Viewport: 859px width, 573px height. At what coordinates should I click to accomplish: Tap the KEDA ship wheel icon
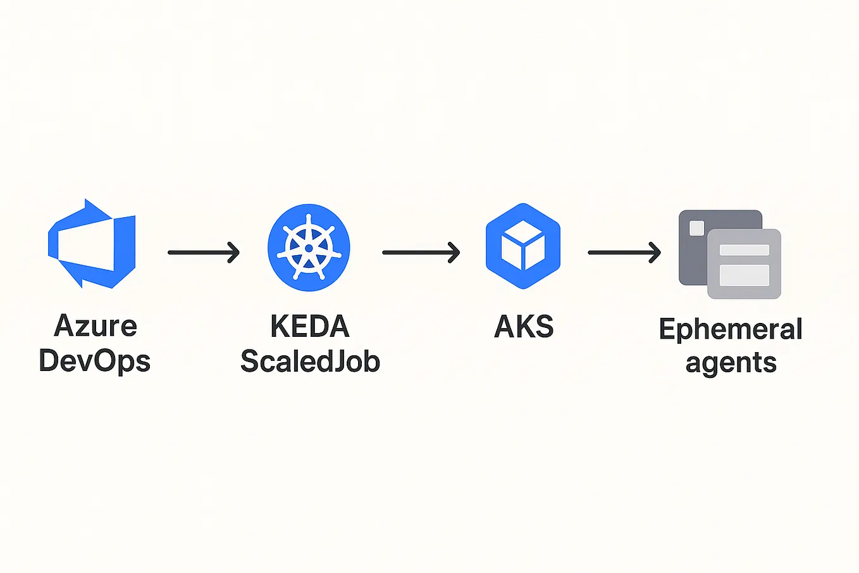[x=309, y=247]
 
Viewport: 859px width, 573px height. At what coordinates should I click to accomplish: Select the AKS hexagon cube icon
[x=522, y=246]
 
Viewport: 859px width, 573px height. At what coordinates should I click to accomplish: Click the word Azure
[x=96, y=326]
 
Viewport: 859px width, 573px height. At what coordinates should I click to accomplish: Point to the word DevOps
[x=95, y=361]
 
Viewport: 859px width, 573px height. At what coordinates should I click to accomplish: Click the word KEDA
[x=310, y=327]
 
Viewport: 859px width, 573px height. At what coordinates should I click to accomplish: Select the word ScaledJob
[x=310, y=362]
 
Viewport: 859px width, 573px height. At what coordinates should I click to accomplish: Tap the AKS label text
[x=524, y=327]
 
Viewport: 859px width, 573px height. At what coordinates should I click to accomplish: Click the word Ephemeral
[x=731, y=329]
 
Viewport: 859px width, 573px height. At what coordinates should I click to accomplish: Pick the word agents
[x=731, y=363]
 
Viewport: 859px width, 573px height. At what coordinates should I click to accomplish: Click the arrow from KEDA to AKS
[x=421, y=253]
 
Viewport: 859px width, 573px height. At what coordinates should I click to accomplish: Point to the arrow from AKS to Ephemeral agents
[x=624, y=253]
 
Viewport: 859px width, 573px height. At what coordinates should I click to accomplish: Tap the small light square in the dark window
[x=696, y=228]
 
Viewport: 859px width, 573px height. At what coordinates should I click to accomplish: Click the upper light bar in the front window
[x=745, y=250]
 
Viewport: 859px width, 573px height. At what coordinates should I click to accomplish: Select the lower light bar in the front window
[x=745, y=275]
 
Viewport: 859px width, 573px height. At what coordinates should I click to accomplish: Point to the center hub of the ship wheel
[x=309, y=248]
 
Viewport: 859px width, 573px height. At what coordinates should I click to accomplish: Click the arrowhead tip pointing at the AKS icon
[x=458, y=253]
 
